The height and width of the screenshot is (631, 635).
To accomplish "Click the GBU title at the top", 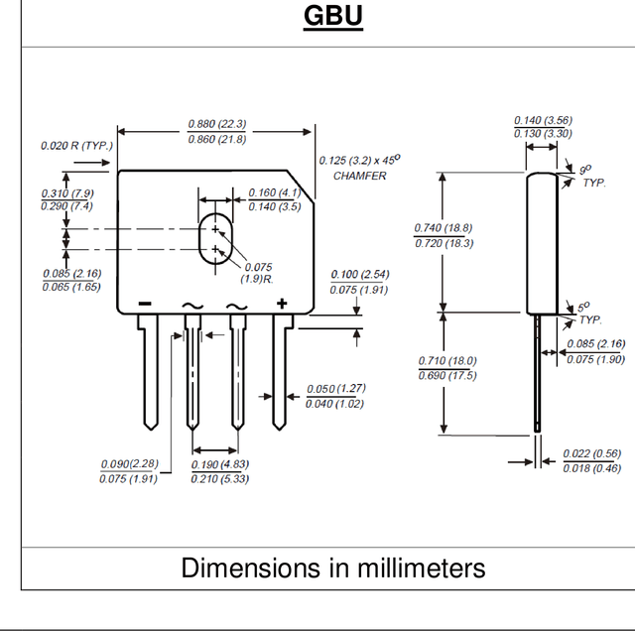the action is point(333,16).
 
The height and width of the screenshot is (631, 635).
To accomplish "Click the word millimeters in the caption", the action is point(421,568).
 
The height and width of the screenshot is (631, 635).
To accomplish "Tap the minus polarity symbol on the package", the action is point(145,304).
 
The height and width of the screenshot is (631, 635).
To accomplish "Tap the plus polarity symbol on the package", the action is point(282,304).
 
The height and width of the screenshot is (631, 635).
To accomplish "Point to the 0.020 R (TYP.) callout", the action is point(77,146).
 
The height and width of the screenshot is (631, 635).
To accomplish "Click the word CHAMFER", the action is point(359,176).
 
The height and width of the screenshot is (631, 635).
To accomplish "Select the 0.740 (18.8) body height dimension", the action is point(444,228).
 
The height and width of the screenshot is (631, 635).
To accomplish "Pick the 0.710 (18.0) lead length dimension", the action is point(447,360).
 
